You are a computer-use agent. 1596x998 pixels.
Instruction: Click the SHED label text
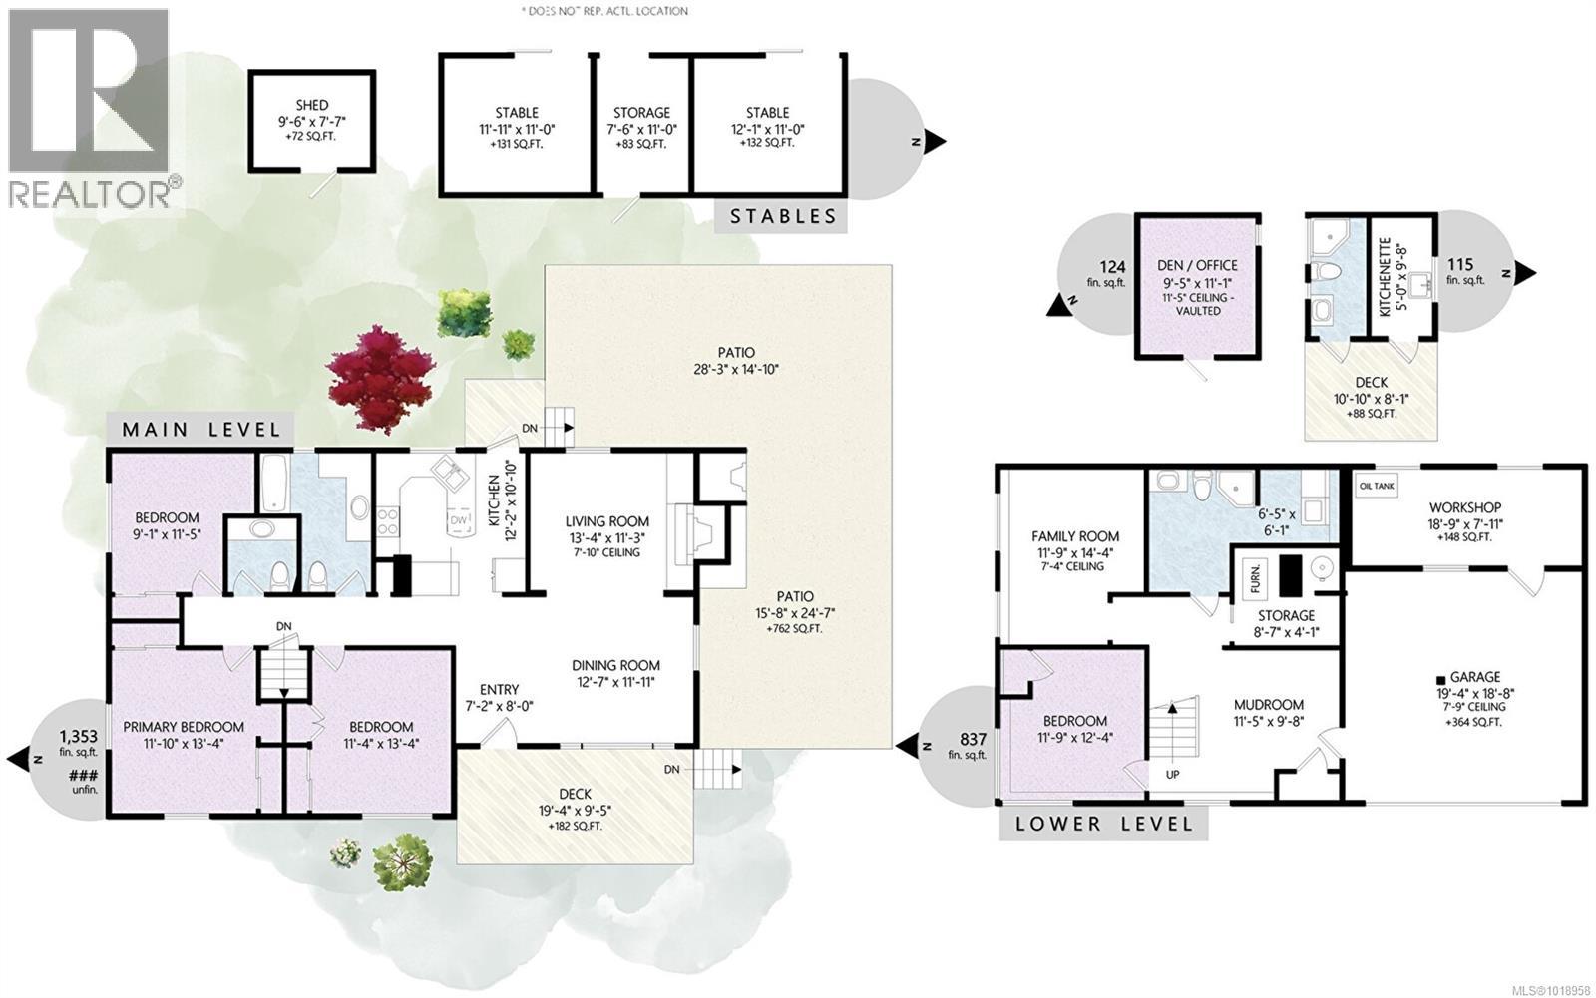click(x=310, y=105)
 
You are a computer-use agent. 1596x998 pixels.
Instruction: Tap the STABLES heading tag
click(x=781, y=217)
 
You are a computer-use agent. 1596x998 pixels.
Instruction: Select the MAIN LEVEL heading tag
click(x=200, y=430)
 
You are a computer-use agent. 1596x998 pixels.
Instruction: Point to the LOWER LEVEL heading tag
click(x=1103, y=824)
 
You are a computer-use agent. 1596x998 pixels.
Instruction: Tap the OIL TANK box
click(x=1377, y=486)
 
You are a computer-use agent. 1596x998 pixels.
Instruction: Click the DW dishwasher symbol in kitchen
click(x=459, y=520)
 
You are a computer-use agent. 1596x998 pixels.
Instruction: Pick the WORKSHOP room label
click(x=1464, y=507)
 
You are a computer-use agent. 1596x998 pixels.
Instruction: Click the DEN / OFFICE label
click(x=1197, y=265)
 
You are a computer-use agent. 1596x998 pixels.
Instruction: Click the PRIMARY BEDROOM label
click(x=184, y=727)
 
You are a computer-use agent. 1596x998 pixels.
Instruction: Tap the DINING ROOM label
click(x=615, y=666)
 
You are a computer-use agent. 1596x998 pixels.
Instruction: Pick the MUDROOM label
click(x=1268, y=703)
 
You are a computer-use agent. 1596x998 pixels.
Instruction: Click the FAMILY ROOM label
click(x=1074, y=535)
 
